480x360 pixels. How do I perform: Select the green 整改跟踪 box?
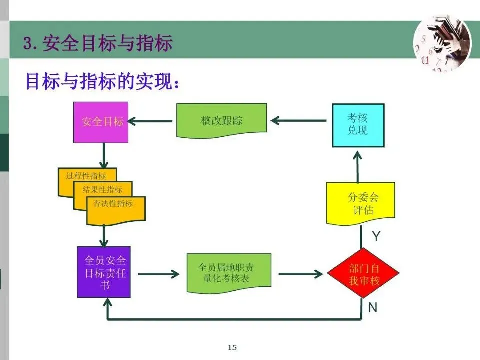coord(221,121)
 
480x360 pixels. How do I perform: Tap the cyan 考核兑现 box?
coord(358,125)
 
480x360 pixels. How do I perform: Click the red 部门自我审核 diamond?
coord(363,274)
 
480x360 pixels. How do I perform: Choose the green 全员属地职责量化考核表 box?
coord(229,273)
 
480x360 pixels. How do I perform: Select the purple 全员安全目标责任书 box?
coord(104,272)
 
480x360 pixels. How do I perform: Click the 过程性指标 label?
coord(86,176)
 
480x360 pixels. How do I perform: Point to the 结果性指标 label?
coord(102,190)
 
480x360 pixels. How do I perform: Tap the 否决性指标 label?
coord(113,204)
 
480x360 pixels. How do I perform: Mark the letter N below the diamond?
coord(373,308)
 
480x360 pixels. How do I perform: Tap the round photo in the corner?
coord(441,43)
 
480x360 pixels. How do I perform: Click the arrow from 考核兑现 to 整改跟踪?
coord(299,121)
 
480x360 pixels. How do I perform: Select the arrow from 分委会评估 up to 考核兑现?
coord(358,166)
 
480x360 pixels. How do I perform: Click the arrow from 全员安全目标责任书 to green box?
coord(158,274)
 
